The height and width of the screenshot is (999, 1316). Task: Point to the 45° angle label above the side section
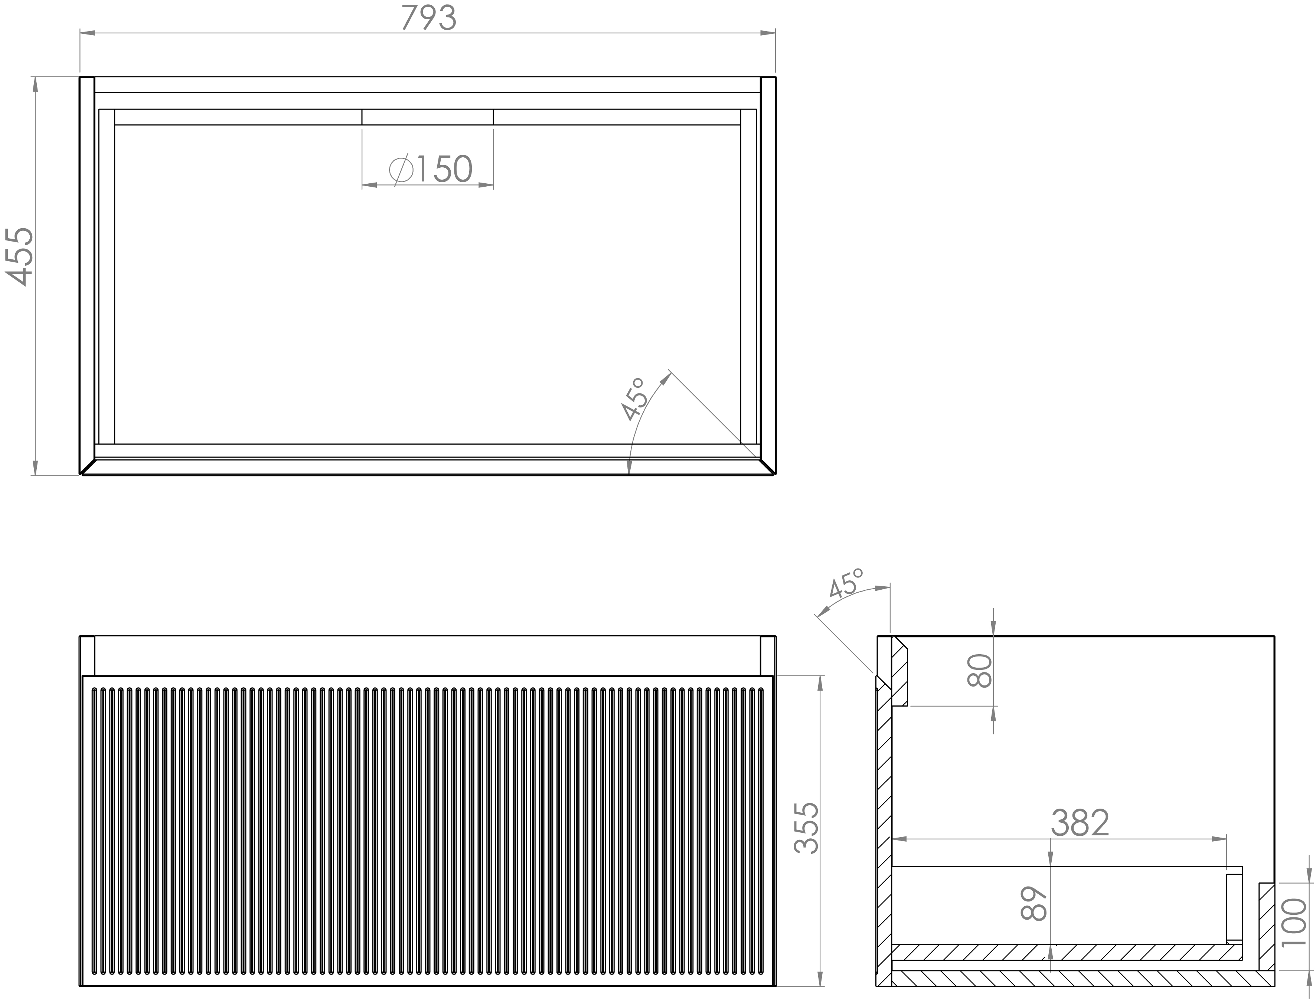click(x=845, y=583)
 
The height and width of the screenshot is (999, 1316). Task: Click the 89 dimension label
click(x=1034, y=904)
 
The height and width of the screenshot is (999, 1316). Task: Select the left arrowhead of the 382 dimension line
click(x=899, y=839)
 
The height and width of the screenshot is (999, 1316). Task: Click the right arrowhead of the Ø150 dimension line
click(x=486, y=185)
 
